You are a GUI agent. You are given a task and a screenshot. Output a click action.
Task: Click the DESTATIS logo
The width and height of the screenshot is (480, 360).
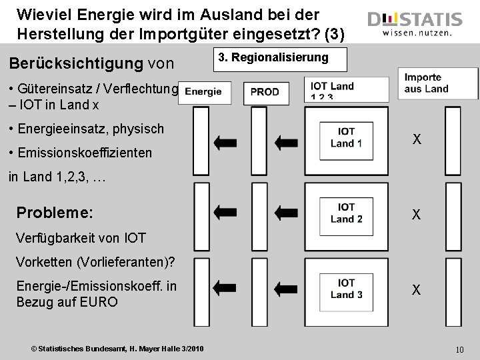(x=414, y=24)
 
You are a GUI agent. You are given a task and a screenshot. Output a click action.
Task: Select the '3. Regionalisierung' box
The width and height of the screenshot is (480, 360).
(x=282, y=58)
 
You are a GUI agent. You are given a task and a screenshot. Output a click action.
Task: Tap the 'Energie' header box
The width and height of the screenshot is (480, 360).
(x=203, y=92)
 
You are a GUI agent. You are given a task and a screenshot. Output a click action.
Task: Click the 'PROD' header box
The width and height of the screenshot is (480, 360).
(x=265, y=92)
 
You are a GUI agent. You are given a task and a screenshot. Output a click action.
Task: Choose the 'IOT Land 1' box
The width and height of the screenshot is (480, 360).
(x=346, y=137)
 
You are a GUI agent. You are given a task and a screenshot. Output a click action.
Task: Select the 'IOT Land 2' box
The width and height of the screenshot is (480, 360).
(x=346, y=213)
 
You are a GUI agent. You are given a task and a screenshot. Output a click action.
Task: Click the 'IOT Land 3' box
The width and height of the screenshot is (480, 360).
(x=346, y=289)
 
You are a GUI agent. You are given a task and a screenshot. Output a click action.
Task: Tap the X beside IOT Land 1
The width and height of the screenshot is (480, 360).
(x=416, y=139)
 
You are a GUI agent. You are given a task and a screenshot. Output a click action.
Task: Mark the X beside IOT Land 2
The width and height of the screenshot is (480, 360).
(x=416, y=215)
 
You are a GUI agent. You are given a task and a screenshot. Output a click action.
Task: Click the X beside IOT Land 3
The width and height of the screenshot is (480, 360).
(x=416, y=290)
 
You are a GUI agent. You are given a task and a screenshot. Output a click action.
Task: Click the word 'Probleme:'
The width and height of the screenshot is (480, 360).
(x=55, y=213)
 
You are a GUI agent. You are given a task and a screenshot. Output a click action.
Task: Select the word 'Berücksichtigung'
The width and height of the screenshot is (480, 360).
(x=75, y=63)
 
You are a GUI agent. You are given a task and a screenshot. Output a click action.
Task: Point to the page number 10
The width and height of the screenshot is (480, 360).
(x=459, y=349)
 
